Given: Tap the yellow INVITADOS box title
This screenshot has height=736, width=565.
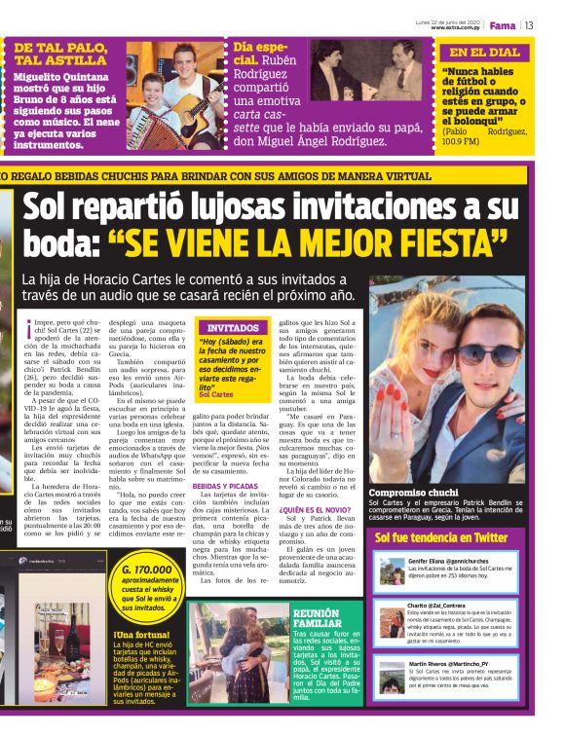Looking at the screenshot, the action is (233, 328).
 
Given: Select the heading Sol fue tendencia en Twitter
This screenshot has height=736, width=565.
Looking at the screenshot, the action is (441, 536).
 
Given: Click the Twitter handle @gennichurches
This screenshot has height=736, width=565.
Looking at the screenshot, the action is (466, 562).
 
